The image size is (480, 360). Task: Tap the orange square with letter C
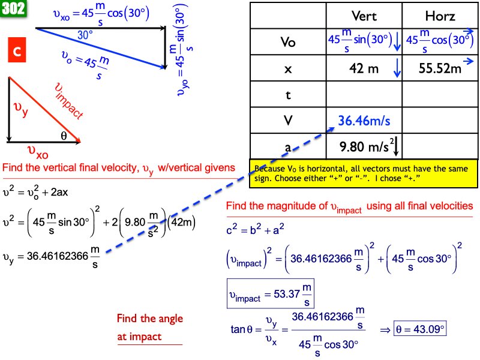point(17,52)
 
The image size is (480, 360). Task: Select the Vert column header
point(364,17)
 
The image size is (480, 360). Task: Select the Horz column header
point(440,17)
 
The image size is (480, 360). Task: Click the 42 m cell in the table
point(364,69)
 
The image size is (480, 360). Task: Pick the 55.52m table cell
point(440,69)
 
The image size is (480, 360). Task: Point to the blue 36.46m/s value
point(364,121)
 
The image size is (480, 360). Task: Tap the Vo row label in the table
point(288,43)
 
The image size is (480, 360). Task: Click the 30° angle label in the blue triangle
point(85,35)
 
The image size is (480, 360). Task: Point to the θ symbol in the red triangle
point(64,136)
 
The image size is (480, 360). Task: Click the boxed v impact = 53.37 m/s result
point(271,293)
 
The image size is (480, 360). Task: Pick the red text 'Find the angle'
point(149,319)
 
